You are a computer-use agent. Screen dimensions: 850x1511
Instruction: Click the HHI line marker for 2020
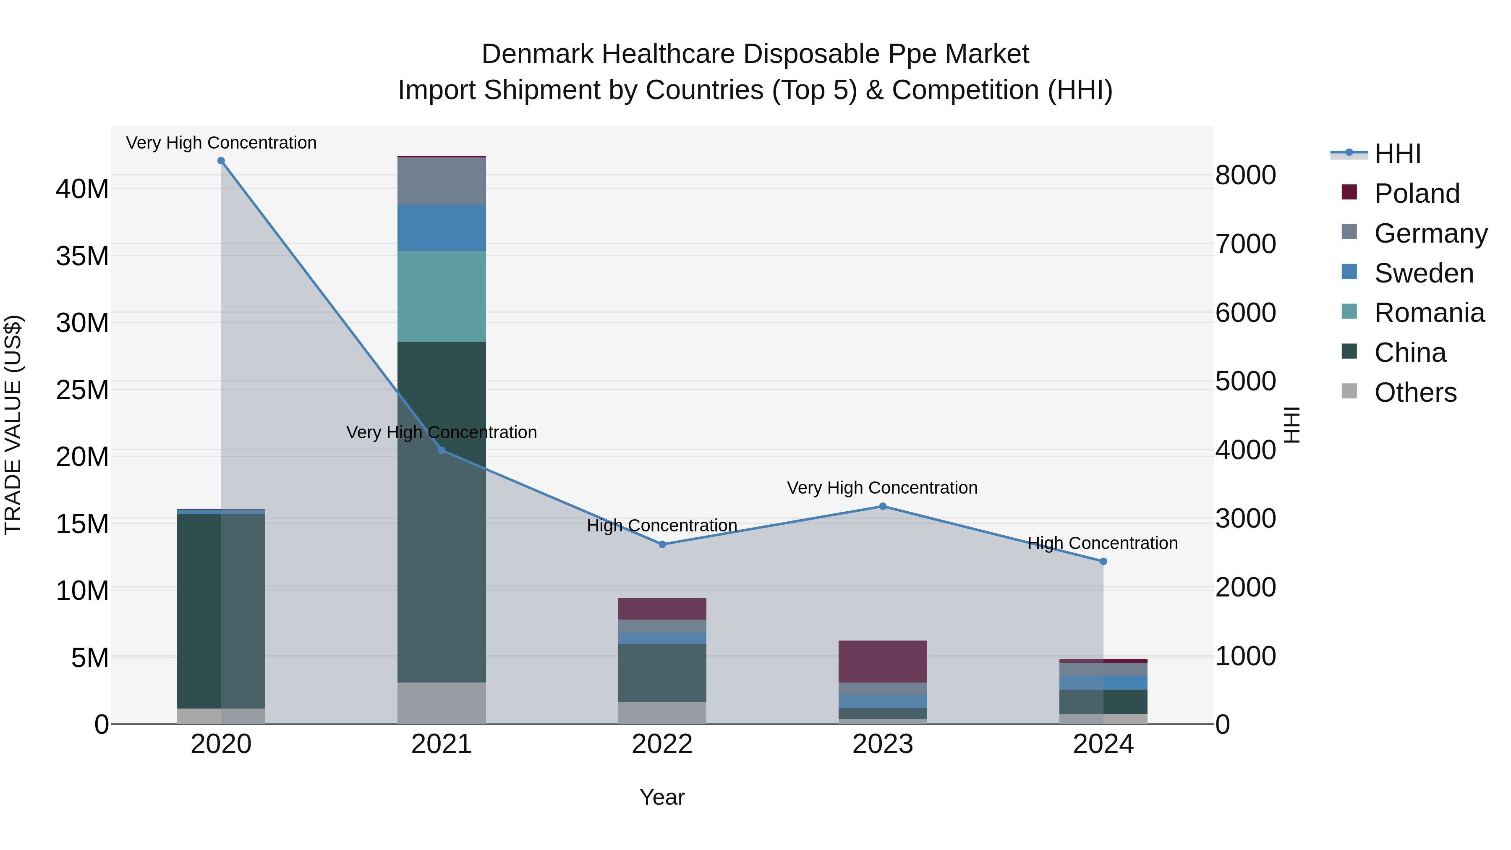(221, 161)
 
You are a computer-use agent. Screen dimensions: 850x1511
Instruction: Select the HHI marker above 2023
(882, 506)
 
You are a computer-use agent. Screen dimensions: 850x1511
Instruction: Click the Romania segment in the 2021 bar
(442, 296)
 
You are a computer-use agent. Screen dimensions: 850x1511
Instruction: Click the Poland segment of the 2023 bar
(882, 661)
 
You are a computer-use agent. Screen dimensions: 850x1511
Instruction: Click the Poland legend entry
(1417, 194)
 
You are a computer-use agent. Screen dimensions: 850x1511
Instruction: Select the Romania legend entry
(1429, 313)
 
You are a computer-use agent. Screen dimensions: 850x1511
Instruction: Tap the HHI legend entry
(1397, 154)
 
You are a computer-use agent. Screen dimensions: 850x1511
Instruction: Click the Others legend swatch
(1349, 391)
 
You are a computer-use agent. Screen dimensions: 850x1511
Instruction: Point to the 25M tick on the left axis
(82, 390)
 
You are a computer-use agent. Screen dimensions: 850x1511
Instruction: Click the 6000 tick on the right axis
(1245, 313)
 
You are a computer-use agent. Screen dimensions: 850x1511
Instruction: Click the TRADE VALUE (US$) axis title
(13, 425)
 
